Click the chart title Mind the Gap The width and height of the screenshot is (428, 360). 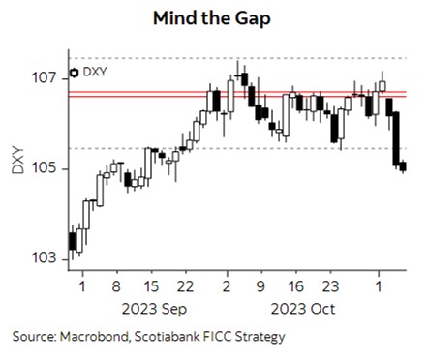[x=212, y=17]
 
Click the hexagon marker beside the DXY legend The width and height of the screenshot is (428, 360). [x=75, y=72]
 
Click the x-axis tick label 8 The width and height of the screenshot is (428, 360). [x=115, y=287]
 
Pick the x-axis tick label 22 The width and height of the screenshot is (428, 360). [x=189, y=287]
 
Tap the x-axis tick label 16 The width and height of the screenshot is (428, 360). [x=297, y=287]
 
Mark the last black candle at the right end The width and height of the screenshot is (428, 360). [x=403, y=166]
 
